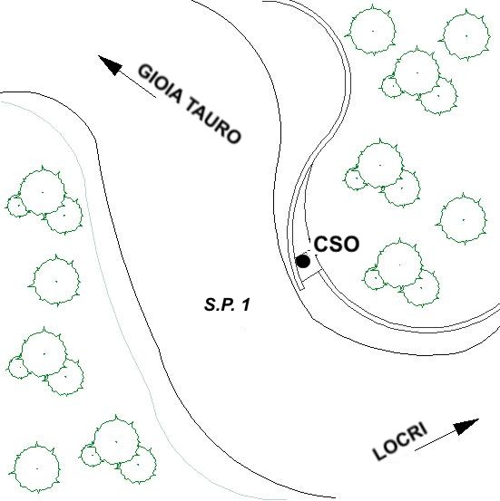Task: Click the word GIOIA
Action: click(x=160, y=84)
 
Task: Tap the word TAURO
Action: click(x=213, y=120)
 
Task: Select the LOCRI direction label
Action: click(x=400, y=442)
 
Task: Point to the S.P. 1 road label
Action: click(x=227, y=304)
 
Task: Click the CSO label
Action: click(x=337, y=245)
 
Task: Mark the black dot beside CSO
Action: click(x=303, y=261)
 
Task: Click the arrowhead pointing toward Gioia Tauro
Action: click(x=110, y=65)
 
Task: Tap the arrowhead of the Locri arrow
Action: click(x=466, y=426)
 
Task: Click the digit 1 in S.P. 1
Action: click(x=246, y=304)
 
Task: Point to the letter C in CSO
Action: click(x=321, y=245)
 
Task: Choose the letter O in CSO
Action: click(x=351, y=245)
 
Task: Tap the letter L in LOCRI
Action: click(x=380, y=452)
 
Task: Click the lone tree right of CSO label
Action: click(x=463, y=219)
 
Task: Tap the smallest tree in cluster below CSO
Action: click(x=374, y=279)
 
